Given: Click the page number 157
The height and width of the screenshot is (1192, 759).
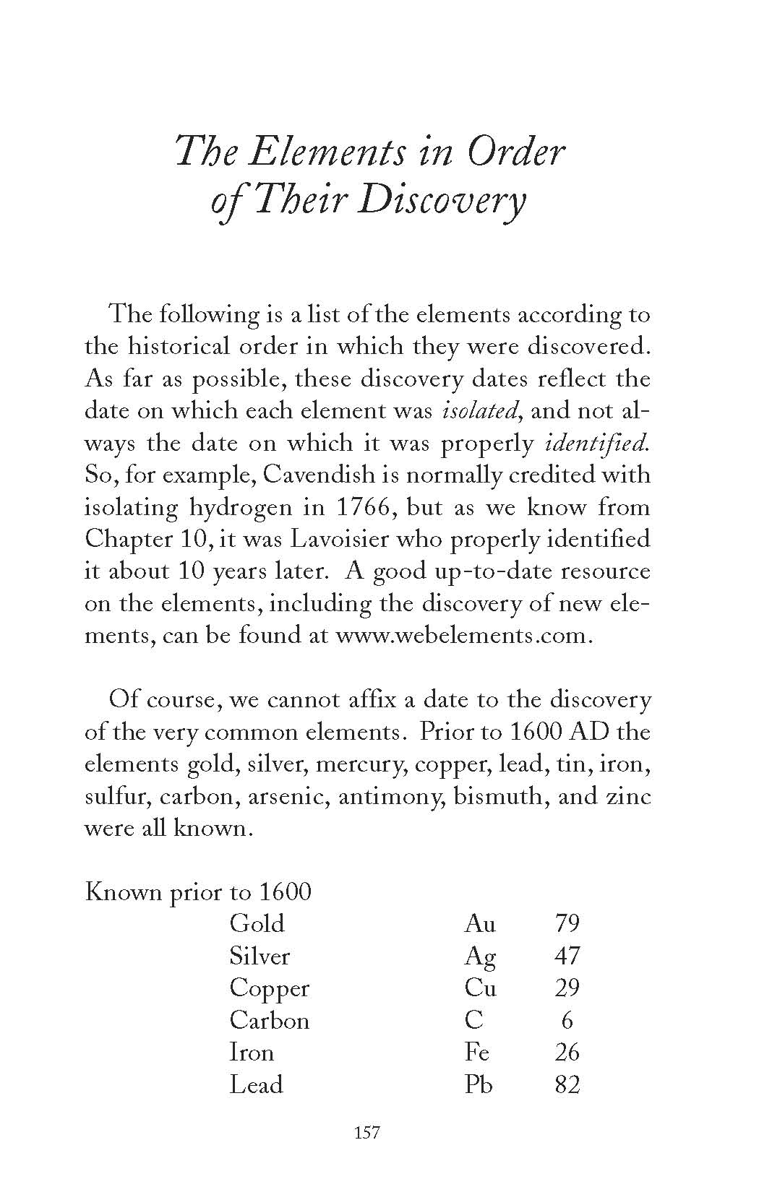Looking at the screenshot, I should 366,1133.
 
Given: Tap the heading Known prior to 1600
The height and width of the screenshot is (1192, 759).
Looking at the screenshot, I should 198,892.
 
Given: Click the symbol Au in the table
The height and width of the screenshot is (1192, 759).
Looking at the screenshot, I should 480,923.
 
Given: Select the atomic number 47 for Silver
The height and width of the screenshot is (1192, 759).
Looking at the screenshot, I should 567,956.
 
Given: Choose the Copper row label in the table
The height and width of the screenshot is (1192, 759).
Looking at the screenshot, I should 269,988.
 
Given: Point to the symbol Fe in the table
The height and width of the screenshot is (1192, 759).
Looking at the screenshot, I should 477,1052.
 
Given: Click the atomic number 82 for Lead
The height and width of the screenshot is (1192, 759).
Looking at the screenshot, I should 567,1084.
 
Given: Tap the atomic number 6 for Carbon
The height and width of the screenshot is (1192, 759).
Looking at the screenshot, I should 567,1020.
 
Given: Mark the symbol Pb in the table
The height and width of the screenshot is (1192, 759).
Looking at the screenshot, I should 479,1084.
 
